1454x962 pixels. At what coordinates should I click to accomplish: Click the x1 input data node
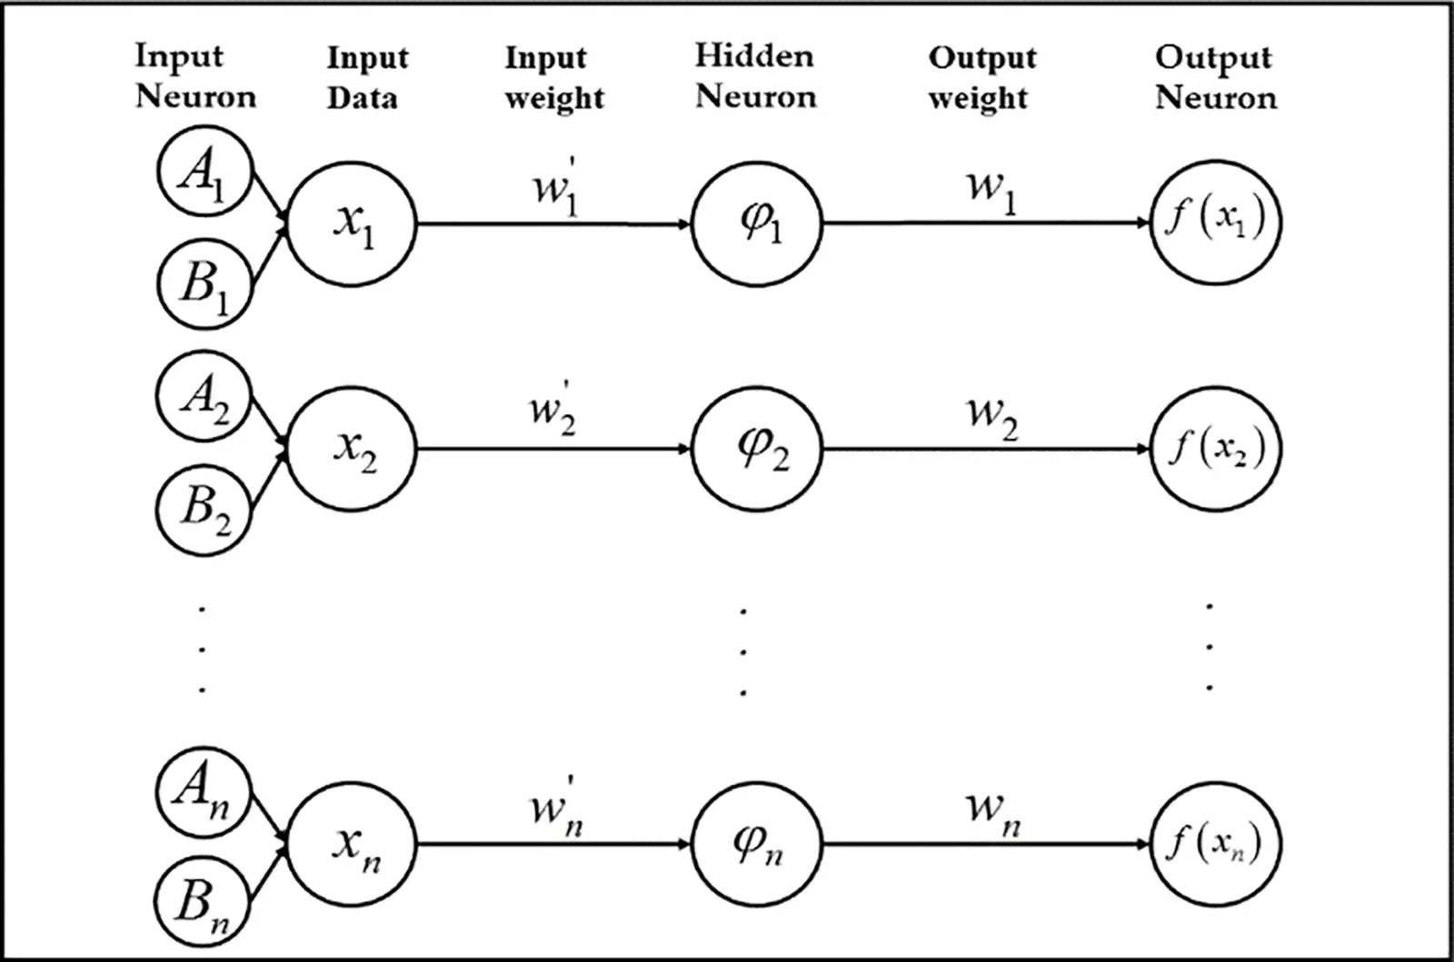pos(353,223)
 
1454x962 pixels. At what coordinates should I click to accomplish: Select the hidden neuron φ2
pos(757,449)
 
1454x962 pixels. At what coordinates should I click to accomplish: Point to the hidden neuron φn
pos(757,845)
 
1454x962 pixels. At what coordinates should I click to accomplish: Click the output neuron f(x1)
pos(1216,223)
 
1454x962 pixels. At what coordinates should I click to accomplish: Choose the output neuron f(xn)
pos(1216,845)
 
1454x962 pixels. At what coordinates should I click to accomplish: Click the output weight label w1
pos(991,190)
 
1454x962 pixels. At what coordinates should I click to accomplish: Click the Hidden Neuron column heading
pos(755,76)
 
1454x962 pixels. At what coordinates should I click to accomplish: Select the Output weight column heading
pos(981,78)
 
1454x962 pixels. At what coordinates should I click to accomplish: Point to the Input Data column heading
pos(366,78)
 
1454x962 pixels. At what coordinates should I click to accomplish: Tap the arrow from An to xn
pos(269,819)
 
